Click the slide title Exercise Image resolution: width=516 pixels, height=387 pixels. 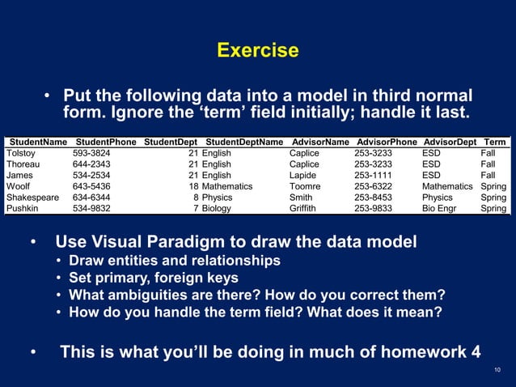click(258, 51)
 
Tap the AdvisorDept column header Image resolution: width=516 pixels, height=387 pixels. click(450, 142)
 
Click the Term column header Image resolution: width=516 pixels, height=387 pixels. click(494, 142)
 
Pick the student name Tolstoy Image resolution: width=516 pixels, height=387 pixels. click(23, 153)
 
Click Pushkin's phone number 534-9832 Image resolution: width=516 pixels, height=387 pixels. click(92, 208)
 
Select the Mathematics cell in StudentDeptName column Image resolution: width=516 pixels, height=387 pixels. click(226, 186)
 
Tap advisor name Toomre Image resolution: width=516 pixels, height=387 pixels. click(307, 186)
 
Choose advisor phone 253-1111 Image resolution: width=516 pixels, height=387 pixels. click(374, 175)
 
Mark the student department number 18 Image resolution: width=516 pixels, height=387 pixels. click(193, 186)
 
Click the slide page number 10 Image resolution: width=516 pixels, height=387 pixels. click(497, 371)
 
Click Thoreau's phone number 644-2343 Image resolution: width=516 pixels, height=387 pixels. click(92, 164)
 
